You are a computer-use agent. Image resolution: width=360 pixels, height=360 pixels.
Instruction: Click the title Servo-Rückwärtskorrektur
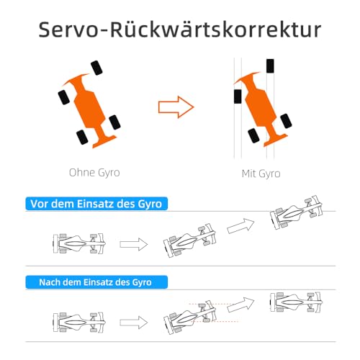point(180,30)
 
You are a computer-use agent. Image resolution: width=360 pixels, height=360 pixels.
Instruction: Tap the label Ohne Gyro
point(94,173)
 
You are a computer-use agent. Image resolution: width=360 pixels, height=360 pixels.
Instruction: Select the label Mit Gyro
point(261,174)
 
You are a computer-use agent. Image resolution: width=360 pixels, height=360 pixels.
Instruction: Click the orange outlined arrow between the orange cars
point(176,107)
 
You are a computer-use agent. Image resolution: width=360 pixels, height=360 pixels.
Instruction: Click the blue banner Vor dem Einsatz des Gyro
point(96,204)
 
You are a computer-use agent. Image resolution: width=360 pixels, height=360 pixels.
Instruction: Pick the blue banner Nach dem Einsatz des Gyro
point(96,282)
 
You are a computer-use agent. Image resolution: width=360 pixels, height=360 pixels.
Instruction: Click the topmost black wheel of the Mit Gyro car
point(270,66)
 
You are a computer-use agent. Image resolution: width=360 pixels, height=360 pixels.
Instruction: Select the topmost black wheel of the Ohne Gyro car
point(96,68)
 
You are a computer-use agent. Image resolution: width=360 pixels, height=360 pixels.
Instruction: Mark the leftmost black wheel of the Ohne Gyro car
point(64,97)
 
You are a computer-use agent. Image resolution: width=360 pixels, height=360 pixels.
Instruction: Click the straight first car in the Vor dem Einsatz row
point(79,243)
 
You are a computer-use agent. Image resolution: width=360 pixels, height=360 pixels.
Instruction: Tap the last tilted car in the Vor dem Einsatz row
point(296,212)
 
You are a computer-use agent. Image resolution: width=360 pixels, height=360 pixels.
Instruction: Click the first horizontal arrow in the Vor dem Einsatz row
point(134,244)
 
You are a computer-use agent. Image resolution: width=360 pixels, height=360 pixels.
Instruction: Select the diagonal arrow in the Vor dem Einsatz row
point(240,225)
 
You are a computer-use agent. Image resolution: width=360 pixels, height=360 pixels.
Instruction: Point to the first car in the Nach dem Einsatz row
point(79,323)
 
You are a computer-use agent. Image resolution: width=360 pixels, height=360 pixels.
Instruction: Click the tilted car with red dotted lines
point(189,318)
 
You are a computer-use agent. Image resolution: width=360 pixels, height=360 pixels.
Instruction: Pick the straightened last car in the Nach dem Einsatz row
point(296,302)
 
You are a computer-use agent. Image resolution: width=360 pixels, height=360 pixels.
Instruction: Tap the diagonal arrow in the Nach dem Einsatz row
point(240,305)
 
